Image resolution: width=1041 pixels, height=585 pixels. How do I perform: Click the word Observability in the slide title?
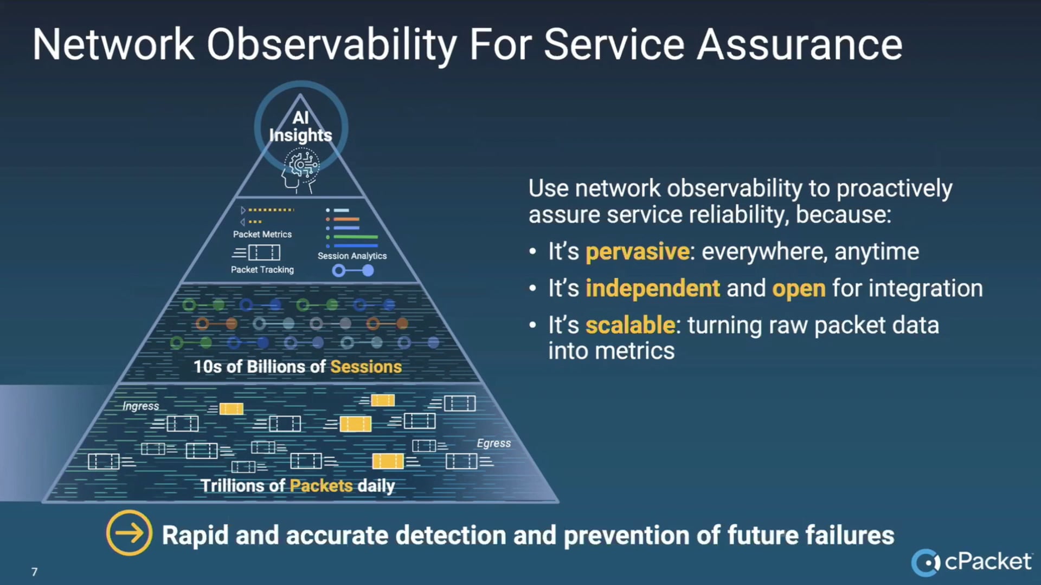coord(332,45)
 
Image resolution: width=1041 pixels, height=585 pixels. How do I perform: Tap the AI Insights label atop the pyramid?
coord(300,127)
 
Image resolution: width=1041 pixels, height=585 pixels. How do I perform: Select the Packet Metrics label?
coord(262,234)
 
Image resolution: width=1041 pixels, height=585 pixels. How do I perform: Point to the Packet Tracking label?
coord(262,269)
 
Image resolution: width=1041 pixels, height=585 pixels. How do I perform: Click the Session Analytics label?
coord(352,256)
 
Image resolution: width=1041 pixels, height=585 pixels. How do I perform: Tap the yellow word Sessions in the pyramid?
coord(366,367)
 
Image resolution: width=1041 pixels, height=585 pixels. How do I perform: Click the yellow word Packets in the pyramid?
coord(322,485)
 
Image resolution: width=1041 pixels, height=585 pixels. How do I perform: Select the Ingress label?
coord(141,406)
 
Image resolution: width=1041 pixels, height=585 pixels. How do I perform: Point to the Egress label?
coord(493,443)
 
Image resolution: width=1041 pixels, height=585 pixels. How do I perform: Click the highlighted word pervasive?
coord(638,252)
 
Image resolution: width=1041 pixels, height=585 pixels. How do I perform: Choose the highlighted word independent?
coord(653,288)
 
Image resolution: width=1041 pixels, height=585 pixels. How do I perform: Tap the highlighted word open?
coord(799,289)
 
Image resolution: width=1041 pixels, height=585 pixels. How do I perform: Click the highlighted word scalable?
coord(630,325)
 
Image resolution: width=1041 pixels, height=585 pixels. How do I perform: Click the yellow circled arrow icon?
coord(129,533)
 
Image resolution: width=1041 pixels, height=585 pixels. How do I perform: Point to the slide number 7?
coord(35,572)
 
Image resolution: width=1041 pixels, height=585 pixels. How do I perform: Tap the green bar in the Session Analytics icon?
coord(356,237)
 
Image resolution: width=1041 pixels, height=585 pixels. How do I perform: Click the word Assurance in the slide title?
coord(800,45)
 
